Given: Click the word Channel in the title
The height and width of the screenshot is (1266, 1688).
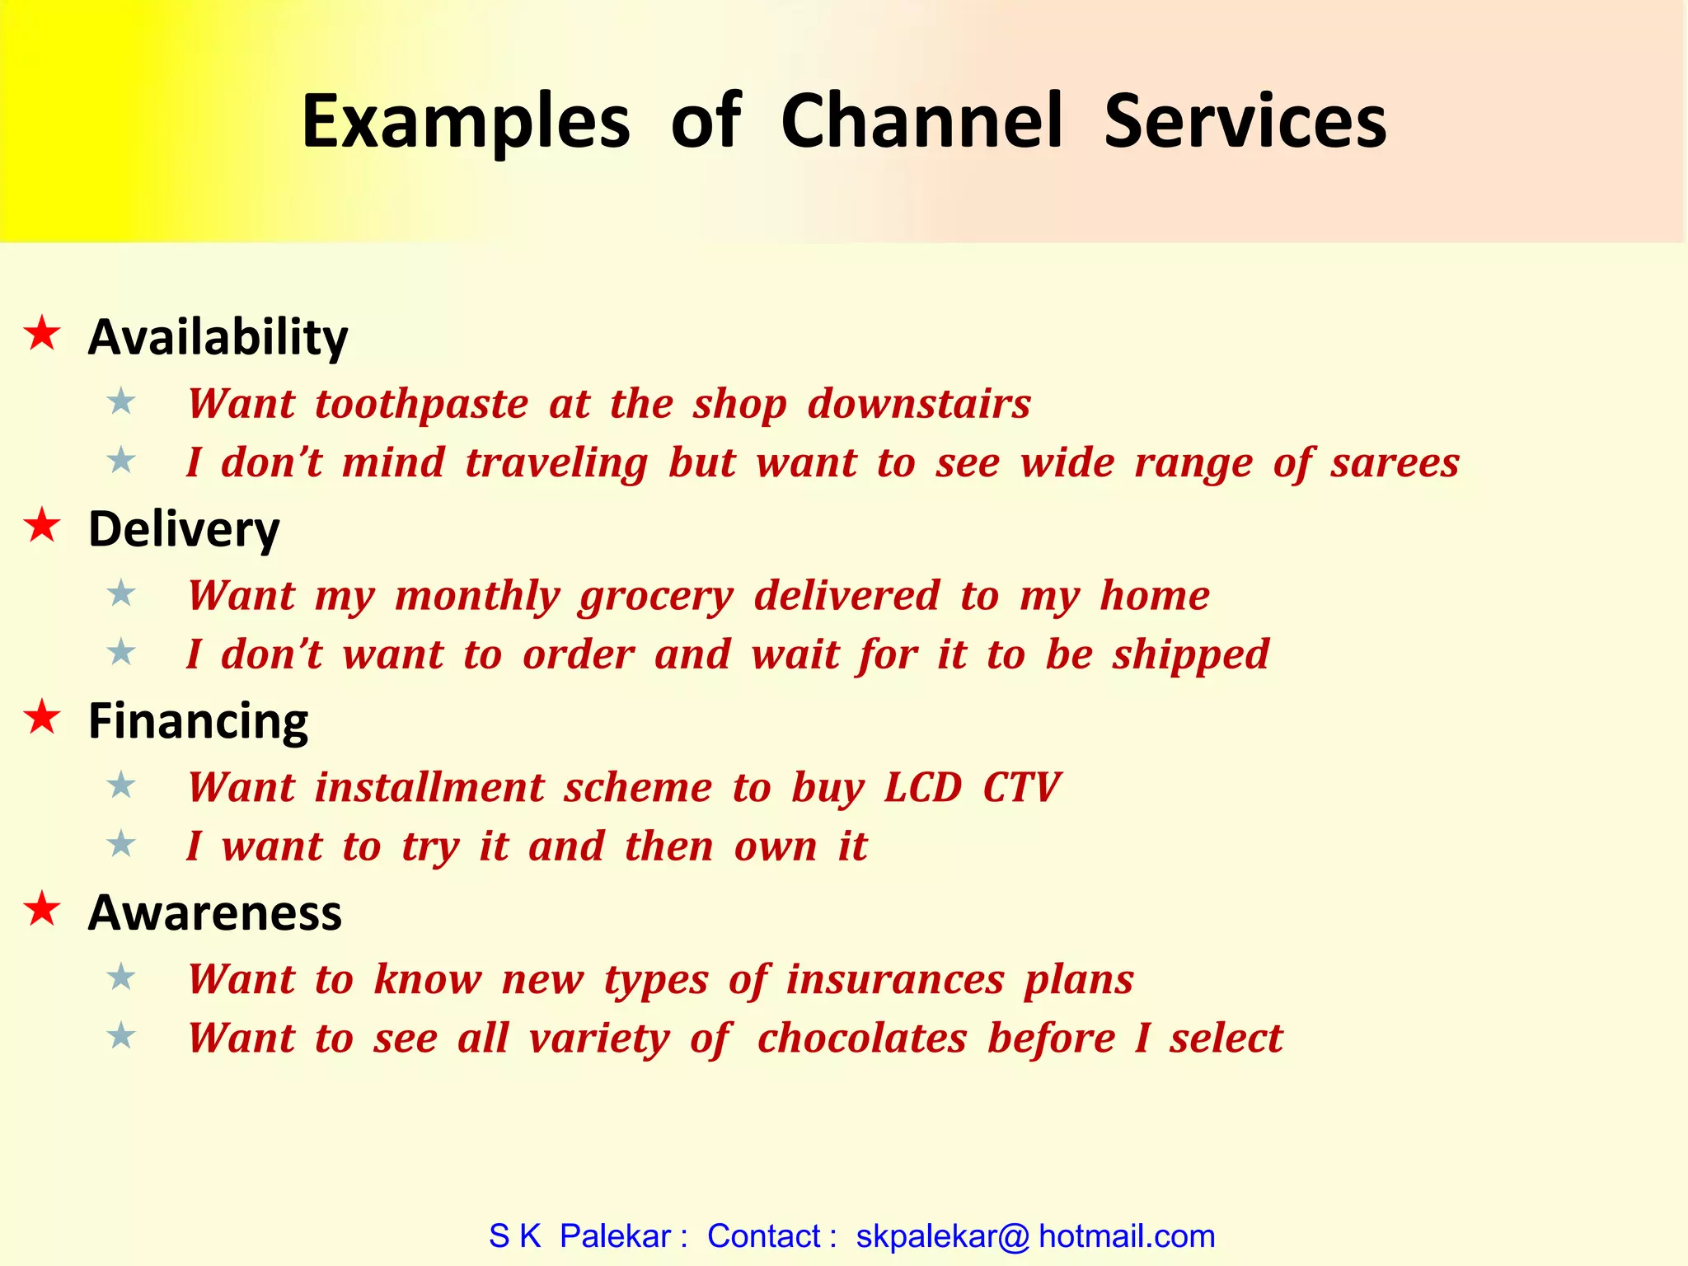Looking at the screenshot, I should coord(921,121).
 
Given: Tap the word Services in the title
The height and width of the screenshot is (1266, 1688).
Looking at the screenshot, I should coord(1245,121).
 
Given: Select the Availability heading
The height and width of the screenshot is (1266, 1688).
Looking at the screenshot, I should coord(218,337).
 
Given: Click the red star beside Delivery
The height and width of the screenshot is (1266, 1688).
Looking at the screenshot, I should coord(42,526).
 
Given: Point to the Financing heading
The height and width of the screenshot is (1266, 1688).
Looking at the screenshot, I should coord(198,721).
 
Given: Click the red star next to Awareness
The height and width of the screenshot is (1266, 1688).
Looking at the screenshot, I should coord(42,910).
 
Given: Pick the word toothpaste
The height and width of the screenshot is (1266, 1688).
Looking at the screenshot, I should coord(421,405).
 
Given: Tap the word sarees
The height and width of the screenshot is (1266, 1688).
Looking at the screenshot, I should coord(1395,462).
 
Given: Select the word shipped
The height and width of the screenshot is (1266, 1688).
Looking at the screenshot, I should coord(1190,655).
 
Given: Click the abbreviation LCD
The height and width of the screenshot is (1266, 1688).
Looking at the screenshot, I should coord(922,787).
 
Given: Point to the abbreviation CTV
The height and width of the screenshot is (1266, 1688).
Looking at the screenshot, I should coord(1020,787).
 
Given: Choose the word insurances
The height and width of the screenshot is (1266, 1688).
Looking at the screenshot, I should coord(895,980).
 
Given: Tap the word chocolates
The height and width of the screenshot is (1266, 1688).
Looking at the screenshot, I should coord(861,1039).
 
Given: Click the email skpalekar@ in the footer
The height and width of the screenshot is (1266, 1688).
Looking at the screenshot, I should coord(942,1236).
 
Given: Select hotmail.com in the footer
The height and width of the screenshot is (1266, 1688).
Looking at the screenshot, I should coord(1126,1236).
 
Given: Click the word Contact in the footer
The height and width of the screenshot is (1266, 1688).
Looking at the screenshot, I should coord(763,1236).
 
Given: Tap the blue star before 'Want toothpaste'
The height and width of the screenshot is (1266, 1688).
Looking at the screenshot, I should coord(121,402).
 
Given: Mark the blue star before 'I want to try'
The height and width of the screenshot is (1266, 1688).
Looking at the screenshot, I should coord(121,844).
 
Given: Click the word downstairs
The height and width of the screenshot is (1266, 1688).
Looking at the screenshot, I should coord(919,405).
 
